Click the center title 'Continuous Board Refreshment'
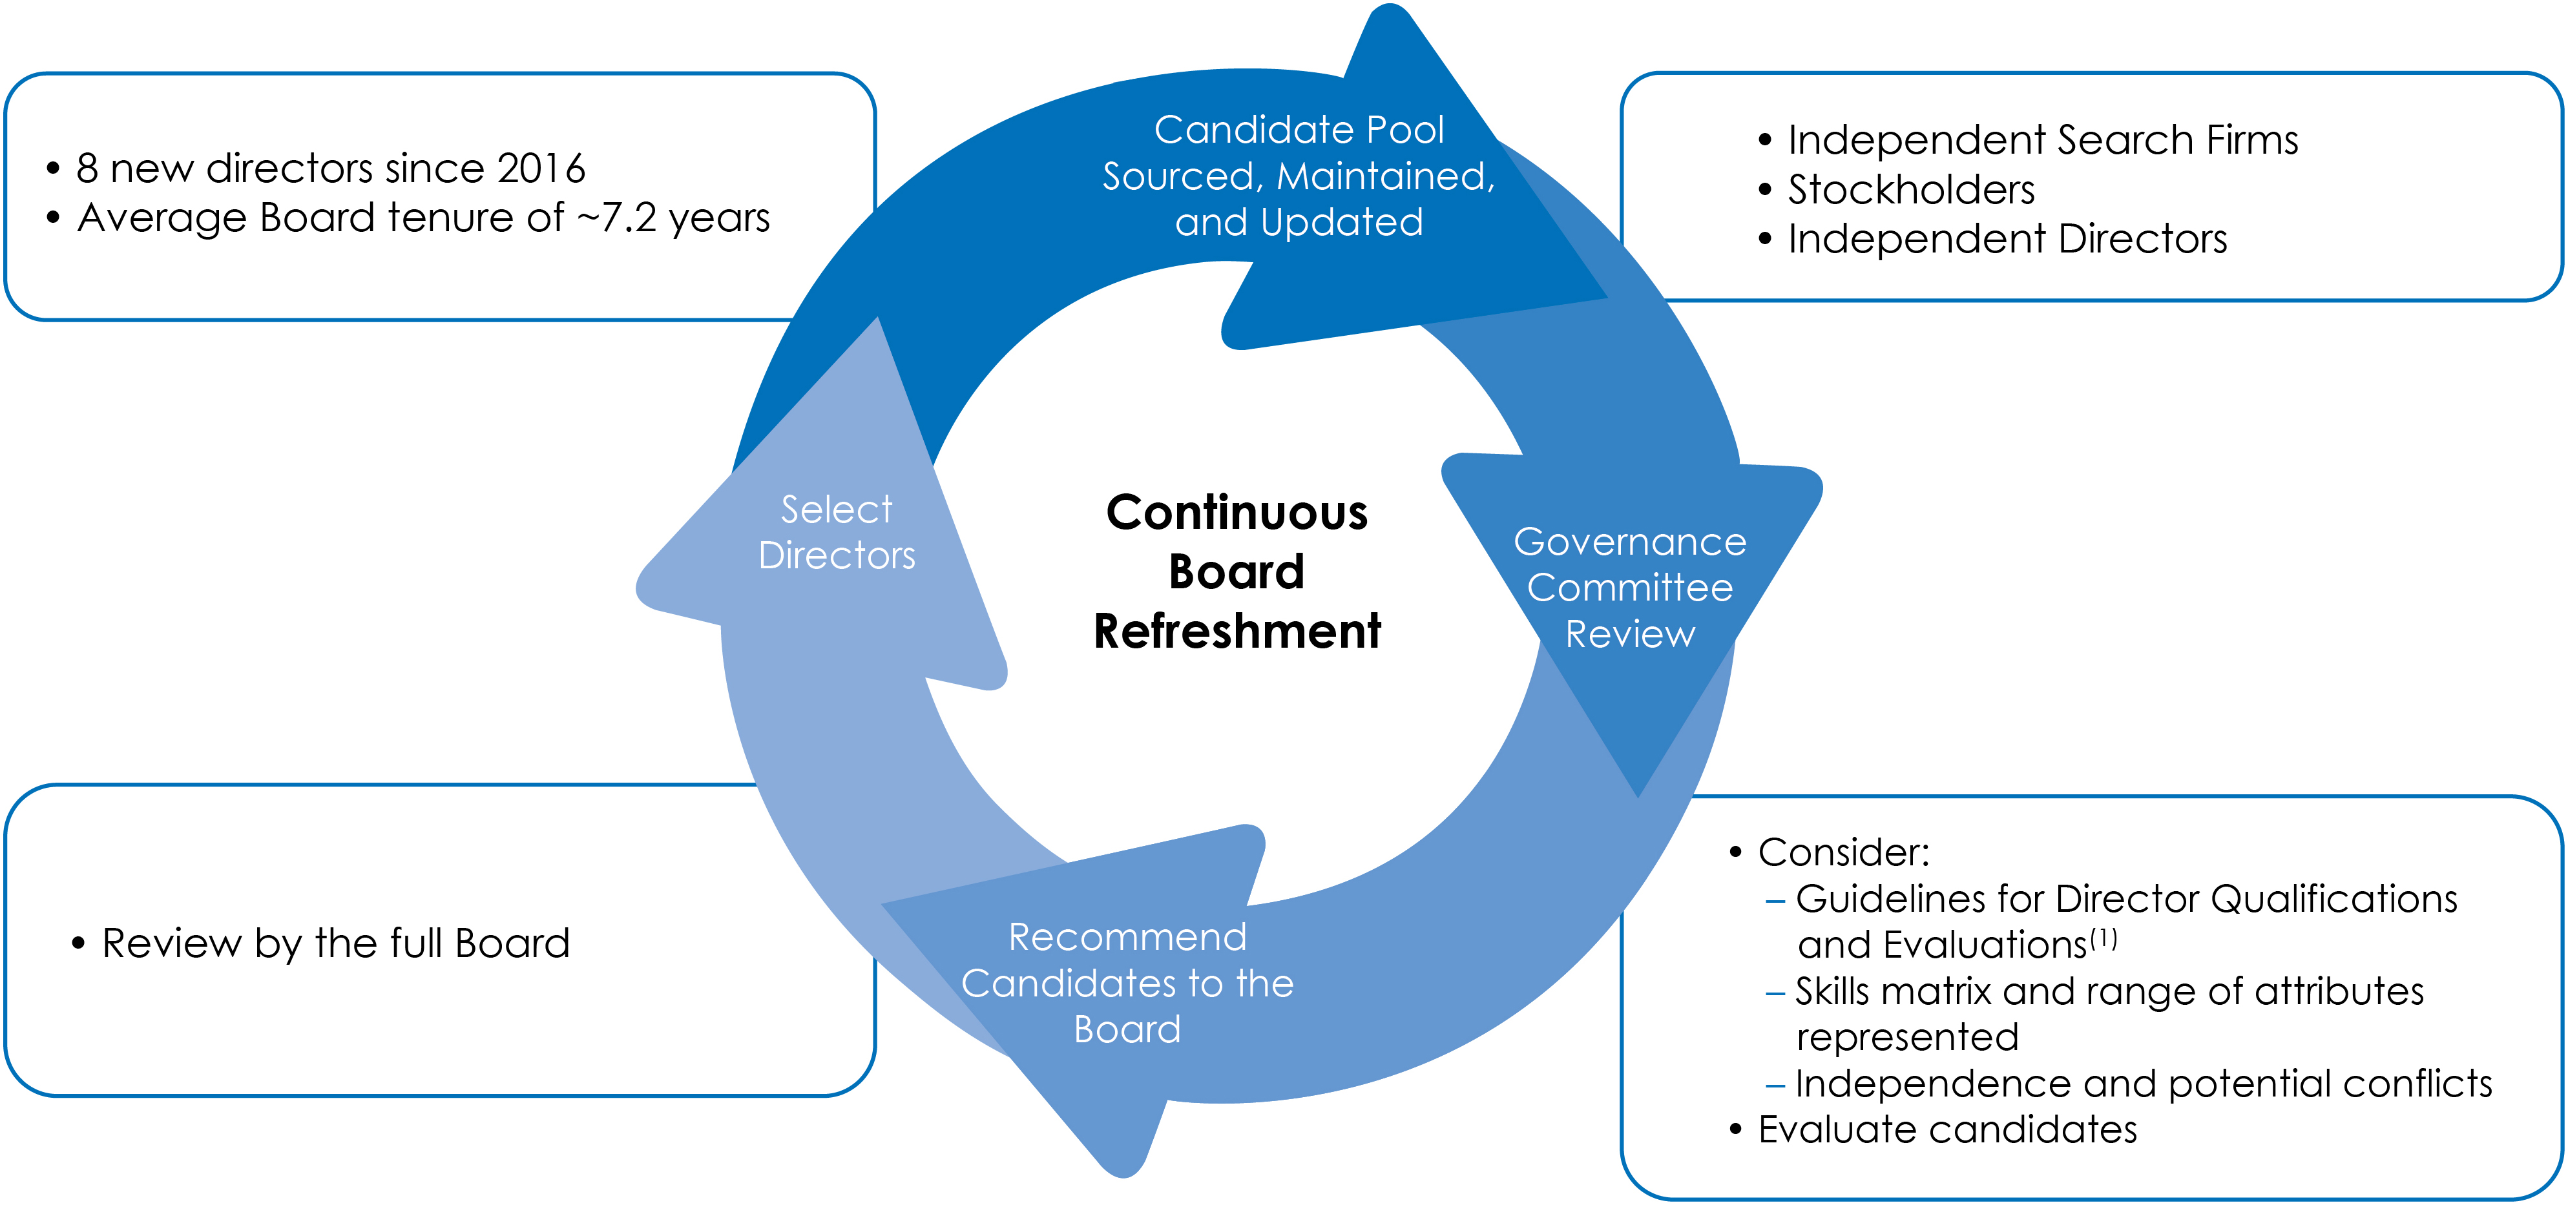pos(1237,571)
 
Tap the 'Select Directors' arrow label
pos(837,532)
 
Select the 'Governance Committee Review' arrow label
pos(1630,588)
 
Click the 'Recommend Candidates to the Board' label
pos(1127,983)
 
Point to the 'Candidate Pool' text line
pos(1299,130)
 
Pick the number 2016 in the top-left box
pos(541,169)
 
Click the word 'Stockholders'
pos(1911,189)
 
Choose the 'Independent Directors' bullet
pos(2007,239)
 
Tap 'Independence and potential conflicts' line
pos(2144,1084)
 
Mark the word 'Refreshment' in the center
pos(1237,631)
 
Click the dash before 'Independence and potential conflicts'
pos(1775,1084)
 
